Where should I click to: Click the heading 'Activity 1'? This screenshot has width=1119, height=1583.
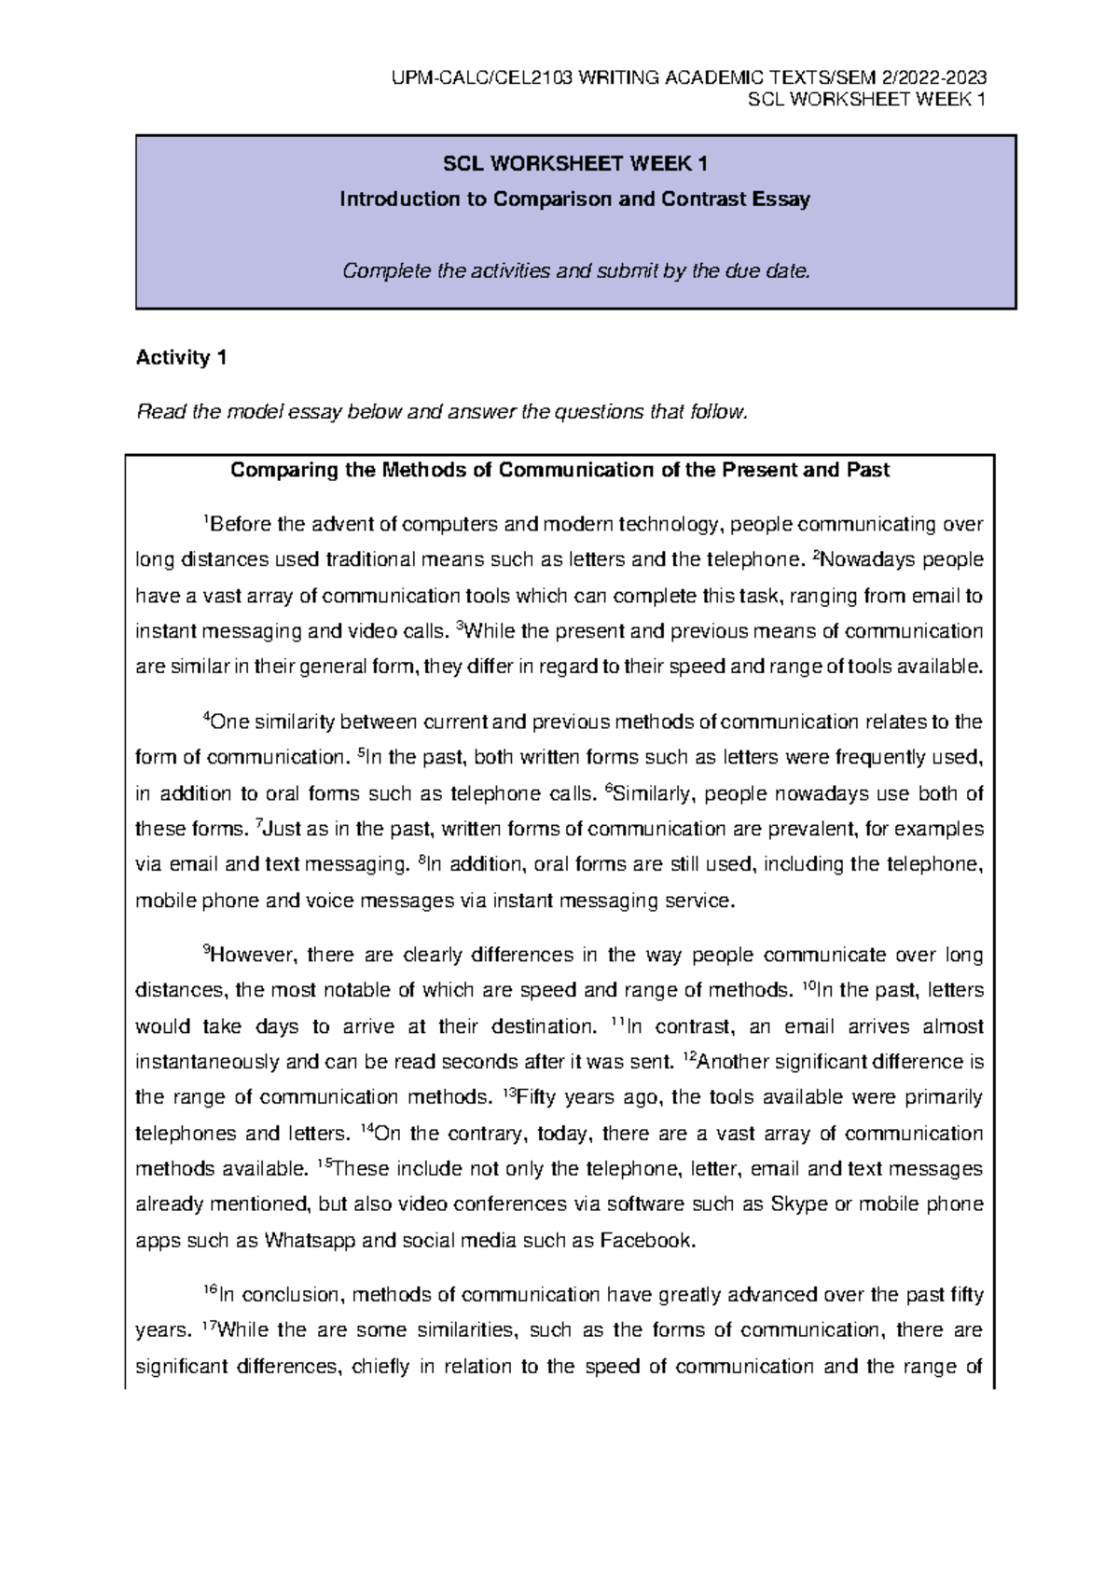point(181,358)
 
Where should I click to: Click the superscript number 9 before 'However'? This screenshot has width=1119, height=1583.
point(206,950)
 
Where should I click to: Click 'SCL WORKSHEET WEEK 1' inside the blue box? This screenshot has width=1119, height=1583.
point(575,164)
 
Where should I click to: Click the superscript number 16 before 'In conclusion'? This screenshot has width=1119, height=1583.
point(209,1289)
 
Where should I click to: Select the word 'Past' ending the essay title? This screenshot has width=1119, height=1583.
point(867,470)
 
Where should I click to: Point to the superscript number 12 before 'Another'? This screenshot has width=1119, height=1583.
point(689,1056)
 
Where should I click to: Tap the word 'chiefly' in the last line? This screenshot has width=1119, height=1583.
point(380,1368)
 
